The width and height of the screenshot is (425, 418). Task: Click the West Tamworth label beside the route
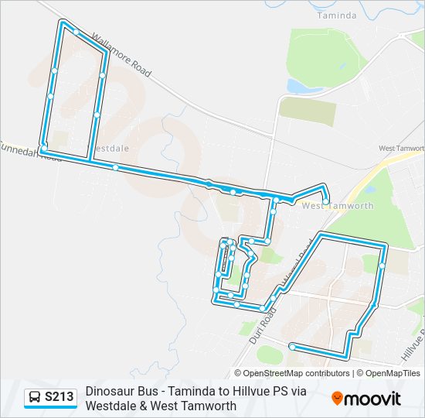(338, 206)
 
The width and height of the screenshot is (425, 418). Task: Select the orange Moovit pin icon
(337, 398)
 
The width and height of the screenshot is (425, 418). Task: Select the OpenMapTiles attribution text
(393, 373)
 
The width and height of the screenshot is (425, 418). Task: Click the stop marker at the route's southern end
(291, 346)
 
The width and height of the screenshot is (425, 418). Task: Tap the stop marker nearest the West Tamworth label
(326, 202)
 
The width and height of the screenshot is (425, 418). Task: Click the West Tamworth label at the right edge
(402, 148)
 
